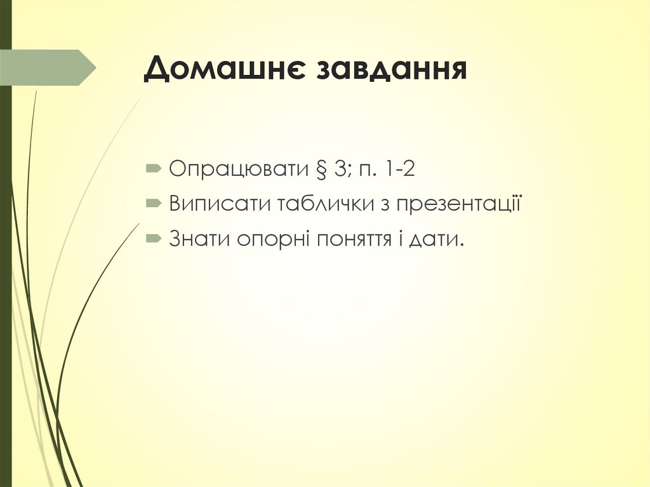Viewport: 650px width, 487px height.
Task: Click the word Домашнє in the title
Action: pos(222,69)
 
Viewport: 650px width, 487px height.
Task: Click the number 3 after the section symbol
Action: pos(337,169)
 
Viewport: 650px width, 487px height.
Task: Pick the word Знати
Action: pos(199,239)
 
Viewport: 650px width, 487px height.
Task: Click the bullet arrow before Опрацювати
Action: pos(154,169)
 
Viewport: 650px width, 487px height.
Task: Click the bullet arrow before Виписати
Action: pos(154,204)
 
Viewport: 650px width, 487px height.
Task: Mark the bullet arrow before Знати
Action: pos(154,239)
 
